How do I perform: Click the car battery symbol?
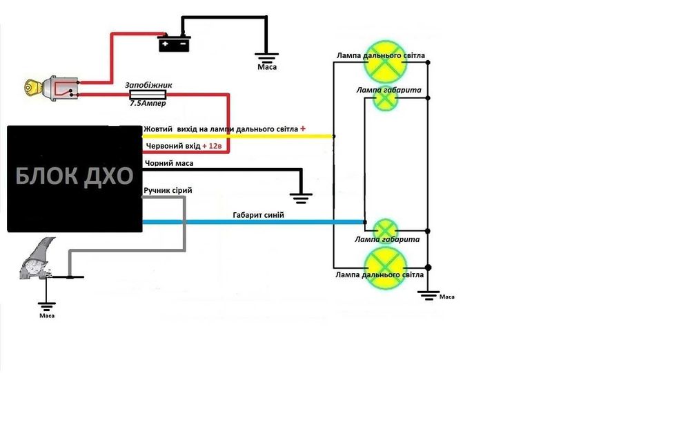(173, 44)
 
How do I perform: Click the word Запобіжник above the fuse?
(148, 85)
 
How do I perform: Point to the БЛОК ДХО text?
(75, 176)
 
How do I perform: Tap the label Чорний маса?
(168, 163)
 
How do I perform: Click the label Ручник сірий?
(168, 190)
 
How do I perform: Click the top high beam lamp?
(386, 67)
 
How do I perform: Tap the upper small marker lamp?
(386, 100)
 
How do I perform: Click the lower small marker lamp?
(386, 229)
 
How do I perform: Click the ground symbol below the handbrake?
(47, 305)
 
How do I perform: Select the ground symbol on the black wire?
(302, 197)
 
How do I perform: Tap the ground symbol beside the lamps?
(428, 295)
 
